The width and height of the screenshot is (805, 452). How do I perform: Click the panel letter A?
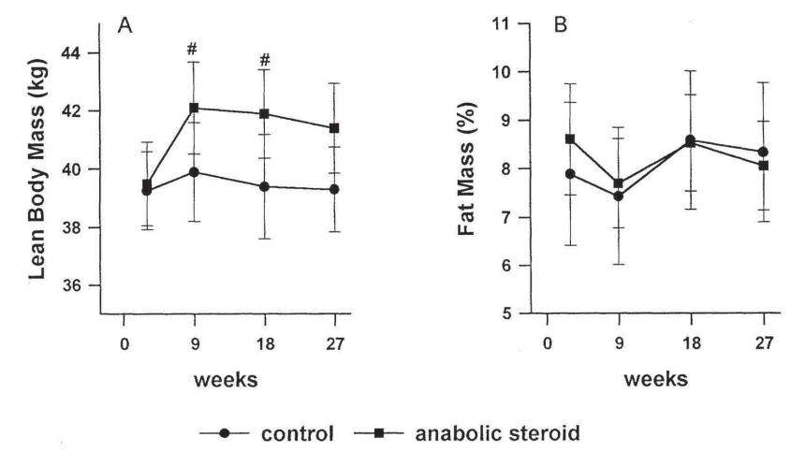pos(124,26)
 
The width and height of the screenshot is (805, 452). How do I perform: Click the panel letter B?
pos(561,26)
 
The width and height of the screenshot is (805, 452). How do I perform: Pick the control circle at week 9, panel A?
pos(194,171)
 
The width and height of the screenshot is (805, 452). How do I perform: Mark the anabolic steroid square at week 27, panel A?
pos(334,128)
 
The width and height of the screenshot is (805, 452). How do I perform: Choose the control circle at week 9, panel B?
pos(619,196)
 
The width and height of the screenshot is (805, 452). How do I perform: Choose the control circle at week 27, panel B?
pos(763,152)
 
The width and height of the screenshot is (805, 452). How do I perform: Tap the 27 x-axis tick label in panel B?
pos(764,343)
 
